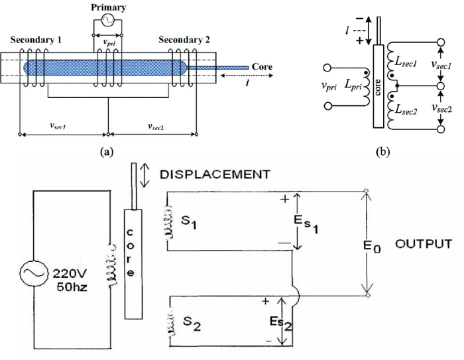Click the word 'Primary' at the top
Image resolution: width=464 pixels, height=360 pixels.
[x=107, y=6]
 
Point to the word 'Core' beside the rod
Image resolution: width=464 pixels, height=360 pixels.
[x=262, y=67]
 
